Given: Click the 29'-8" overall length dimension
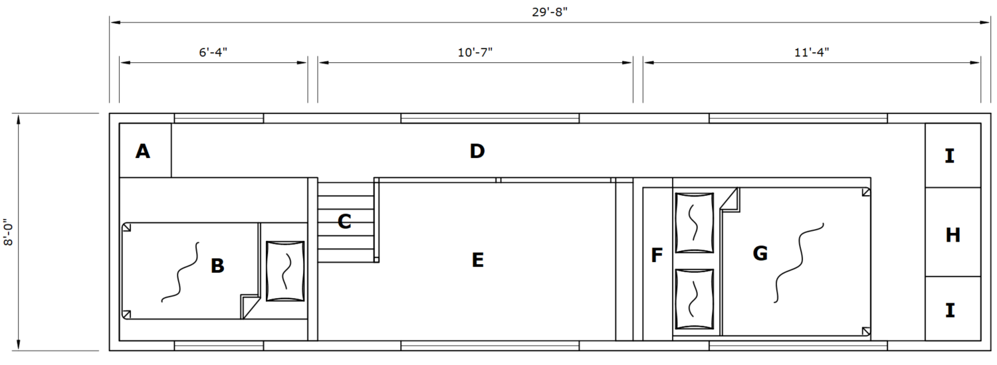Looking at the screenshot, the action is (x=550, y=12).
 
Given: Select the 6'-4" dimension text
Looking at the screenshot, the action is (x=213, y=52).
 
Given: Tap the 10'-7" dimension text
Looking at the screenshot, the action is (x=475, y=52).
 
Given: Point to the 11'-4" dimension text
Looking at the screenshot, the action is (x=812, y=52).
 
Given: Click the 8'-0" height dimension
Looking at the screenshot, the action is (x=9, y=232).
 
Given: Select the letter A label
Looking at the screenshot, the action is (x=142, y=151).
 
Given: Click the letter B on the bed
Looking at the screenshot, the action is (x=217, y=266).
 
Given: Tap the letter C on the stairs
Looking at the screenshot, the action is (x=344, y=221).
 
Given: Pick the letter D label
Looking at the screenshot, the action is (x=477, y=151).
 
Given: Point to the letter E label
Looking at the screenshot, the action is (x=478, y=260).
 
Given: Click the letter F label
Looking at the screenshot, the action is (x=657, y=256).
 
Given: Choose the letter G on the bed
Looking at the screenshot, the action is (x=760, y=254).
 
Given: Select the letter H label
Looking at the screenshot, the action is (x=952, y=235).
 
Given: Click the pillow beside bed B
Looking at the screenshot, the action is (x=285, y=271).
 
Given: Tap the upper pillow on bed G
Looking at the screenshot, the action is (x=695, y=223).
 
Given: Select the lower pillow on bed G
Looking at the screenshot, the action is (x=695, y=299).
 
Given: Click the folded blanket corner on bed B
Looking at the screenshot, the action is (x=250, y=307).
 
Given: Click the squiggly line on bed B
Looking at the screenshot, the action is (x=180, y=272).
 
